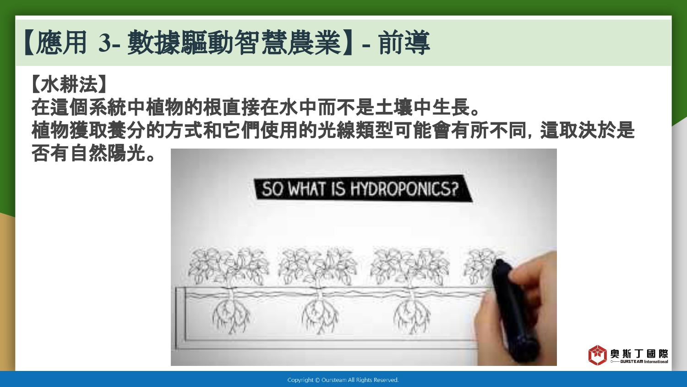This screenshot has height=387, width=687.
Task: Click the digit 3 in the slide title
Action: [x=104, y=43]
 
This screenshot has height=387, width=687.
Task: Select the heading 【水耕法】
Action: [x=69, y=84]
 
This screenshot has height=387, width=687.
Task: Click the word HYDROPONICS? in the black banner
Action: [x=404, y=189]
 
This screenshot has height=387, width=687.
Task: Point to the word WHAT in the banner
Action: [x=307, y=188]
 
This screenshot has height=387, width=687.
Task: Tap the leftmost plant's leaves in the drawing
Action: [x=229, y=266]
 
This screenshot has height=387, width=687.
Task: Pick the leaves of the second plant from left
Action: [x=317, y=266]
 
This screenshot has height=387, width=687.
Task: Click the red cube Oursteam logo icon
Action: [x=597, y=355]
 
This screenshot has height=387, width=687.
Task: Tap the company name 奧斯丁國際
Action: [x=639, y=354]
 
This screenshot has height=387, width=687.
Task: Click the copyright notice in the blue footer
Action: [x=343, y=380]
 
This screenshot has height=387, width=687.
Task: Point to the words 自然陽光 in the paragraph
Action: [x=107, y=153]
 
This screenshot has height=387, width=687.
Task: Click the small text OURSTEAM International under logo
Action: [x=644, y=361]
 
